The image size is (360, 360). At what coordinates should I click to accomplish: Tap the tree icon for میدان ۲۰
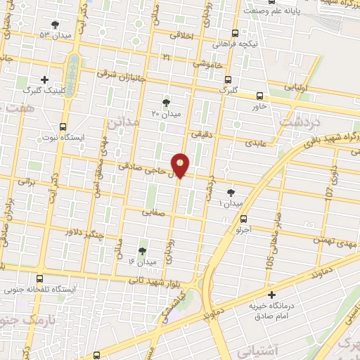pos(167,102)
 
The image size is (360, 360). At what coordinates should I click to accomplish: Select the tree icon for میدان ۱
pos(231,193)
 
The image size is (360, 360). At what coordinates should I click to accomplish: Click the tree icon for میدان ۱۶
pos(143,250)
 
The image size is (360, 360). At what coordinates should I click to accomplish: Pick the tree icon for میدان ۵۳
pos(56,25)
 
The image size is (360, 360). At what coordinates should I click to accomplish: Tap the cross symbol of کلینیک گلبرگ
pos(45,79)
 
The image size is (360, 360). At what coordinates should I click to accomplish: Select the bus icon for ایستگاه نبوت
pos(63,127)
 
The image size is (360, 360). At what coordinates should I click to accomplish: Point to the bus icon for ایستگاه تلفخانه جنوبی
pos(39,278)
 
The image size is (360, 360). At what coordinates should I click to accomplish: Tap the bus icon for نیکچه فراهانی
pos(235,32)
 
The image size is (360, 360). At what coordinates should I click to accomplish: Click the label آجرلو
pos(243,229)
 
